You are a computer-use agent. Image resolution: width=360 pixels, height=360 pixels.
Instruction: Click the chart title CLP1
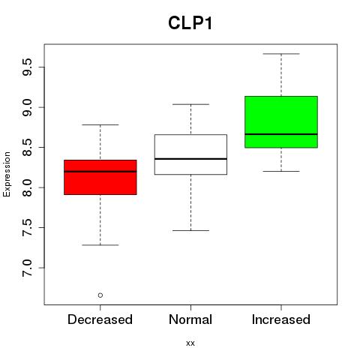[x=190, y=23]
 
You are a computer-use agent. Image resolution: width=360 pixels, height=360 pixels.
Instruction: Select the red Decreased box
[x=100, y=177]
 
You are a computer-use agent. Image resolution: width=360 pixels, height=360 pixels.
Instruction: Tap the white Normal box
[x=190, y=154]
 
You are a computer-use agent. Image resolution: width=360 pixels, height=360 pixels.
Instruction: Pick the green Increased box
[x=281, y=122]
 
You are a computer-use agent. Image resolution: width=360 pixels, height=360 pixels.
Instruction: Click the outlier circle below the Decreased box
[x=100, y=295]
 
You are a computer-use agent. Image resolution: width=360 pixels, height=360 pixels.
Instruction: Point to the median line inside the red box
[x=100, y=172]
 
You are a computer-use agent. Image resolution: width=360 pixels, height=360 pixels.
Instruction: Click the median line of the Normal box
[x=190, y=159]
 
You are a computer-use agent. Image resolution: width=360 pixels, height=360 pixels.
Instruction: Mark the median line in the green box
[x=281, y=134]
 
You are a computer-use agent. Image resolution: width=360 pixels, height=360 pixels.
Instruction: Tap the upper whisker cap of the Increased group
[x=281, y=54]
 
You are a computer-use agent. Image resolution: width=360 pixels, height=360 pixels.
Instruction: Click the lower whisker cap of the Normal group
[x=190, y=230]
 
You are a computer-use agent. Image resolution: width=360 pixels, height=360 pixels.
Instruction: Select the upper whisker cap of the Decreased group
[x=100, y=124]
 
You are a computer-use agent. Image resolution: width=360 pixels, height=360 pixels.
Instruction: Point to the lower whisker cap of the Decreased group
[x=100, y=245]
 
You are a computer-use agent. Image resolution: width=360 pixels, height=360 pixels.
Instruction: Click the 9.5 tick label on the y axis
[x=27, y=67]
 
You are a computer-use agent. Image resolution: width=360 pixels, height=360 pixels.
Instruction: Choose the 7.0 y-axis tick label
[x=27, y=268]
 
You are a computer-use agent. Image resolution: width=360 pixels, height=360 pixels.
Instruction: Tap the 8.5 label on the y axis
[x=27, y=148]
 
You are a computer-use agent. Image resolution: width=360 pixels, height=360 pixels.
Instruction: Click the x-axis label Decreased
[x=100, y=319]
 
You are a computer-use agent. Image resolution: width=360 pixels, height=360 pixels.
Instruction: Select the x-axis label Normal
[x=190, y=319]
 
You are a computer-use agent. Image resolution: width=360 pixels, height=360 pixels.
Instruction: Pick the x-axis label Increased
[x=281, y=319]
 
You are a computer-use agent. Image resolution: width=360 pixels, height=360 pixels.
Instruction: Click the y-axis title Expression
[x=7, y=174]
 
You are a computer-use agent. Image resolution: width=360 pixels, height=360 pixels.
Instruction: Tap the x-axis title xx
[x=190, y=343]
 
